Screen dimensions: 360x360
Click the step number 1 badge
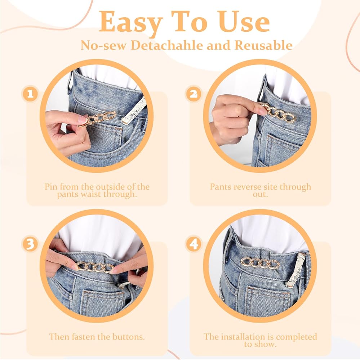pos(30,94)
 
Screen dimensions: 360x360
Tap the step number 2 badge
pos(194,94)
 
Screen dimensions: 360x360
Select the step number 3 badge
pos(30,244)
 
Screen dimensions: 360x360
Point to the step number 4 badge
pos(194,244)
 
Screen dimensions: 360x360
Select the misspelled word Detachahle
pos(167,45)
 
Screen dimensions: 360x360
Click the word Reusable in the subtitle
pos(263,45)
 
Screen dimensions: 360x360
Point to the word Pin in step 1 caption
pos(51,186)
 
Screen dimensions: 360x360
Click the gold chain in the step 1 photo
pos(97,119)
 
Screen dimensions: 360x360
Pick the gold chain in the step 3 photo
pos(95,267)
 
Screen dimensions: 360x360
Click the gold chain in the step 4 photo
pos(260,263)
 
